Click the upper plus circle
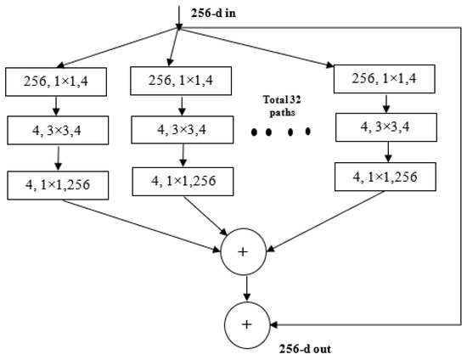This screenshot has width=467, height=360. click(246, 251)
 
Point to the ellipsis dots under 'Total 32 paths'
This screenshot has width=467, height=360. click(279, 132)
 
